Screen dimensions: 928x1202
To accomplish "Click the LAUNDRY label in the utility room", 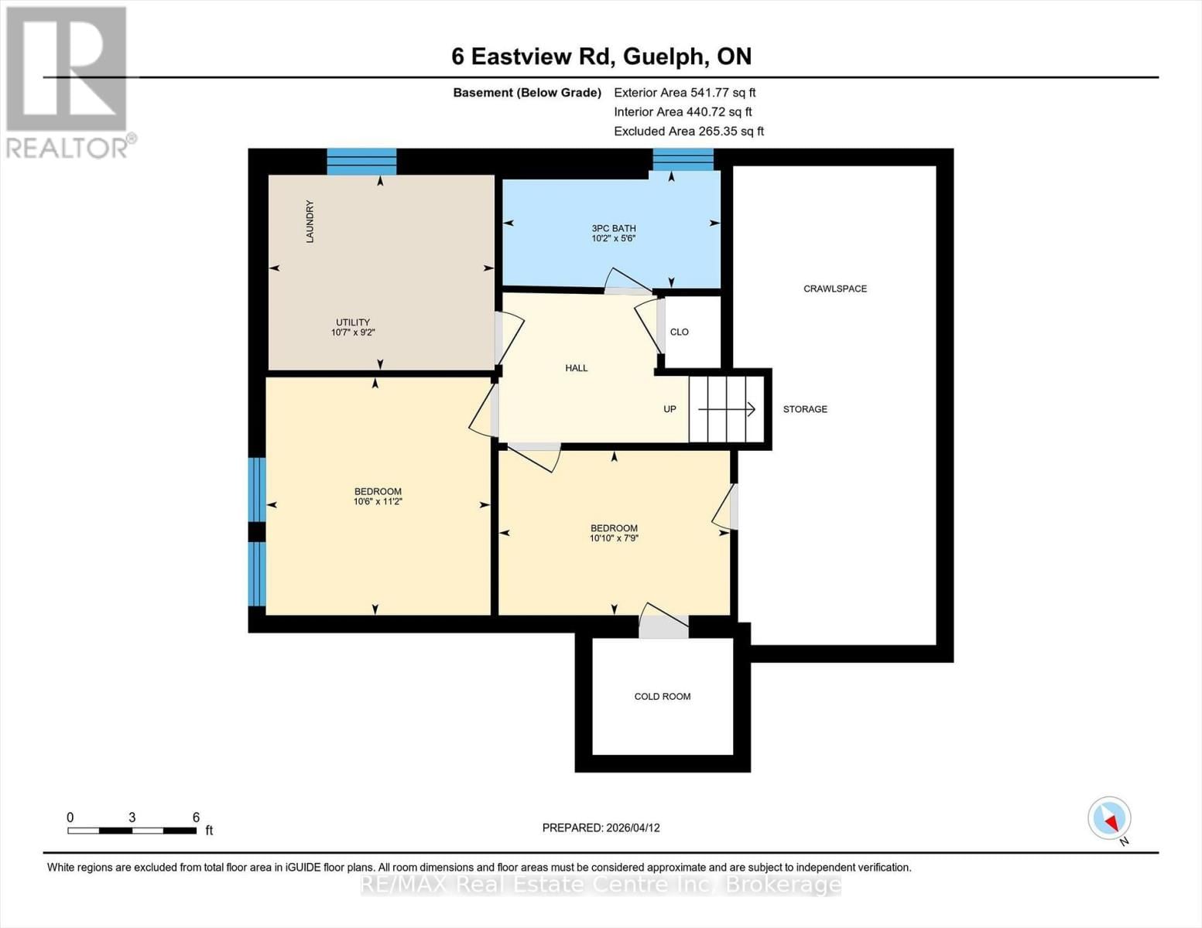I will point(310,222).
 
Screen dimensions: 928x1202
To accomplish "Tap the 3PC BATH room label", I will point(613,228).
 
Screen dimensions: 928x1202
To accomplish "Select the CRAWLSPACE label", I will point(834,288).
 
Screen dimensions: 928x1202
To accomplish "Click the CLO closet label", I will point(679,332).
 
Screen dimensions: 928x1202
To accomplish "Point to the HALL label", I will point(576,368).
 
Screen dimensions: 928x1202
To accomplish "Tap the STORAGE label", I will point(804,409).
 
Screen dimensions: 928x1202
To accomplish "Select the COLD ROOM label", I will point(662,696).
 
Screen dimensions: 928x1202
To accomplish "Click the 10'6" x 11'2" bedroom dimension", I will point(378,502).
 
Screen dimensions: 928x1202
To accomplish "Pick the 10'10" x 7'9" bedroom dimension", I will point(614,538).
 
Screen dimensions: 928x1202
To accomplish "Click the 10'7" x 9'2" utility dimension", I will point(353,333).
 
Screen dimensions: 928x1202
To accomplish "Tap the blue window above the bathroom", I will point(683,159).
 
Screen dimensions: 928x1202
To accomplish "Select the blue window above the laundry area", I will point(361,161).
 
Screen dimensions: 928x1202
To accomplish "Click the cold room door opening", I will point(663,627).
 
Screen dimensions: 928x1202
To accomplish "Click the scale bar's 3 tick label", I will point(132,817).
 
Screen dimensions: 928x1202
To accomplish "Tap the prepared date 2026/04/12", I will point(601,827).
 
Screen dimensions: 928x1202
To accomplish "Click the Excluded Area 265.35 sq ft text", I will point(688,131).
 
